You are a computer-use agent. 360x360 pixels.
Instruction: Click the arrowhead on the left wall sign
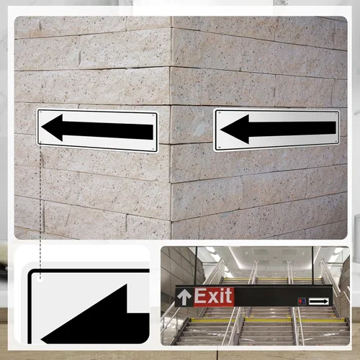[53, 127]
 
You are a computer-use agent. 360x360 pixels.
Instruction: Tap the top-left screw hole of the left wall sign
[41, 112]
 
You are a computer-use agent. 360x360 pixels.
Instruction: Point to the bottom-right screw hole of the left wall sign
[153, 149]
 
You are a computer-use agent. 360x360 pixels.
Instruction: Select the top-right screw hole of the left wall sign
[153, 115]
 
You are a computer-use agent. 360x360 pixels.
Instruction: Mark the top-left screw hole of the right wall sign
[219, 113]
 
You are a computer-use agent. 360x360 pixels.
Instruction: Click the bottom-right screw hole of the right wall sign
[336, 142]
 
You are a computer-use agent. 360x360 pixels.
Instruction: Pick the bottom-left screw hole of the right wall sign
[219, 148]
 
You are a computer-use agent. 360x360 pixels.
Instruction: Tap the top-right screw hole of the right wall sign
[336, 113]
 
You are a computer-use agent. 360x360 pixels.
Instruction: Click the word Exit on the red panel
[213, 296]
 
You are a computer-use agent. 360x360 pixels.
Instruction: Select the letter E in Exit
[199, 296]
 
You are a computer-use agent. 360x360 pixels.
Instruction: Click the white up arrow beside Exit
[184, 297]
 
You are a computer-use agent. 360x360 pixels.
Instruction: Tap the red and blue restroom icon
[302, 301]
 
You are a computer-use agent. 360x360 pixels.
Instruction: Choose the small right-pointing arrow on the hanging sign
[318, 302]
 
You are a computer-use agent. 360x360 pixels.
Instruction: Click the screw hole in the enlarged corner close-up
[40, 279]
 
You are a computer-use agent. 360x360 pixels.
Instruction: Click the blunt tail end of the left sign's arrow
[153, 132]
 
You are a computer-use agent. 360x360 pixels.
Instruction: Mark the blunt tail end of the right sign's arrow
[336, 128]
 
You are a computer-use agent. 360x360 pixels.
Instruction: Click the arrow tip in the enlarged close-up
[41, 340]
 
